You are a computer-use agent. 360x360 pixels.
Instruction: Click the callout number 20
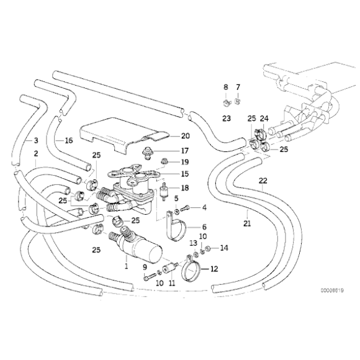(x=186, y=136)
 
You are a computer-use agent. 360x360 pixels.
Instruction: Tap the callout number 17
(x=184, y=151)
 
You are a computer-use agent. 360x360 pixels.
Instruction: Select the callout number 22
(x=263, y=181)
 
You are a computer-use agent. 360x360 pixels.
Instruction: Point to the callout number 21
(x=247, y=223)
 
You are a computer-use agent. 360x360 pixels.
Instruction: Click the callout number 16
(x=69, y=140)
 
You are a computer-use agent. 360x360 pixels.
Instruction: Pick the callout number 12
(x=214, y=269)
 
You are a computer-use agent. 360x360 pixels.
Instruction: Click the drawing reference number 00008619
(x=332, y=290)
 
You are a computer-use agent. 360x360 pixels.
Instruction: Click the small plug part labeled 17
(x=147, y=153)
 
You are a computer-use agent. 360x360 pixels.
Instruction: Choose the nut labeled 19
(x=164, y=161)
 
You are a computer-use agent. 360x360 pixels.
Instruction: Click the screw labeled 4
(x=185, y=208)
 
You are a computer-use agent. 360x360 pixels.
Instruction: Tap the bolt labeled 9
(x=149, y=277)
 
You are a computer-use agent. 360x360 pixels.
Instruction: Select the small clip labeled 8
(x=227, y=102)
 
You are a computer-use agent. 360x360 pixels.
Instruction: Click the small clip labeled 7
(x=238, y=101)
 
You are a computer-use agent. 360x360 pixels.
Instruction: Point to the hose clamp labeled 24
(x=260, y=133)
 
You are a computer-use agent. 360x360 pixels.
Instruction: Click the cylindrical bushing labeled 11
(x=169, y=268)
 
